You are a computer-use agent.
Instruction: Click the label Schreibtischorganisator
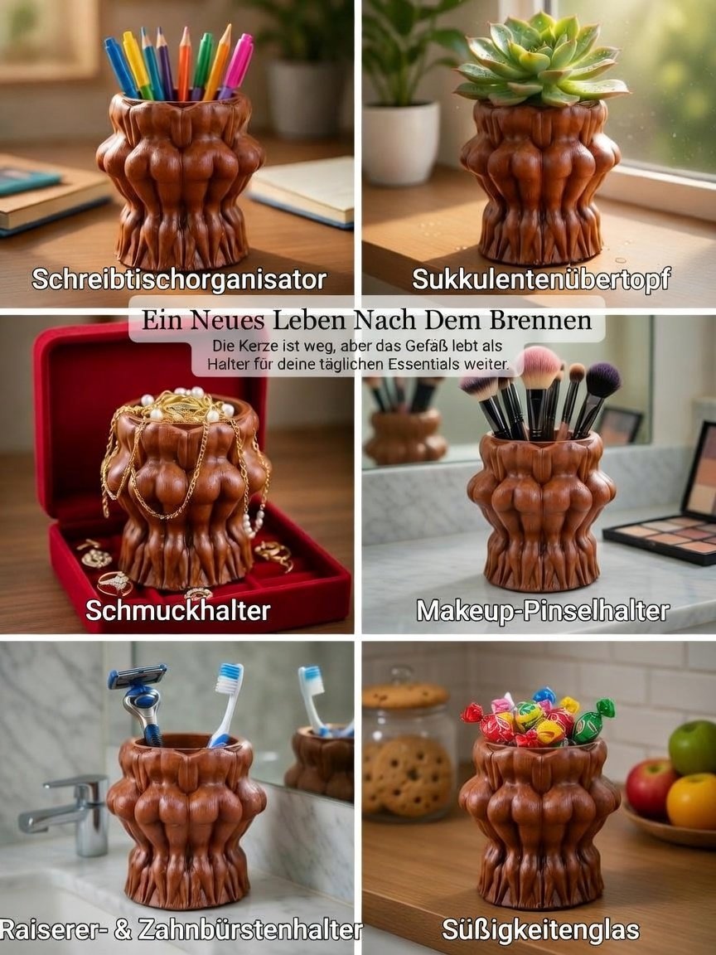[x=179, y=280]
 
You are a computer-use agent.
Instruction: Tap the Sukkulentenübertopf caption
[x=541, y=279]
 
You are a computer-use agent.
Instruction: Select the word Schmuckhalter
[x=178, y=610]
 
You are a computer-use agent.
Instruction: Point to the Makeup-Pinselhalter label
[x=543, y=611]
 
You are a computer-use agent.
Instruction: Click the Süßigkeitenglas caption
[x=540, y=930]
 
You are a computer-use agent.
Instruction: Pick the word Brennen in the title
[x=540, y=320]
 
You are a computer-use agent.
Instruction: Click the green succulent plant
[x=540, y=59]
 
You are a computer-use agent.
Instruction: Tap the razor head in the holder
[x=137, y=676]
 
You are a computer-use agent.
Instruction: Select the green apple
[x=694, y=747]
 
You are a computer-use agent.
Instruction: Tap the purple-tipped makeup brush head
[x=602, y=380]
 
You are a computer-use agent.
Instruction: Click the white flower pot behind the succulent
[x=401, y=143]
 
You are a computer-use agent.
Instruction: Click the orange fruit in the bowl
[x=692, y=801]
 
